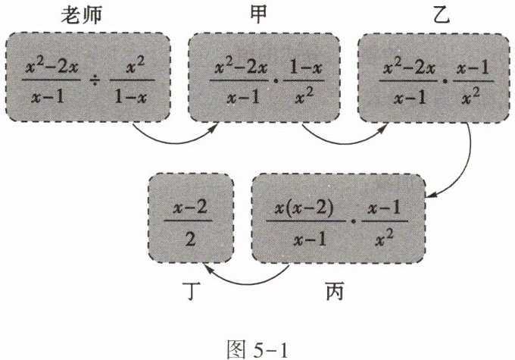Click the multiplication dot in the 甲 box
[x=280, y=78]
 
